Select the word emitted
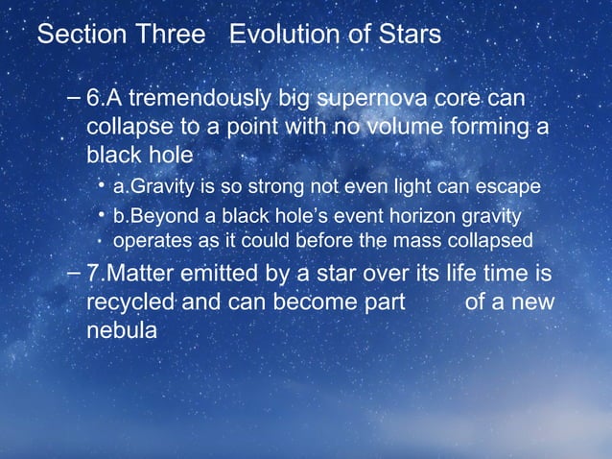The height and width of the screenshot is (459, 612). (x=229, y=274)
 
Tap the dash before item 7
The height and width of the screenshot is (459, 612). (x=76, y=274)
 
